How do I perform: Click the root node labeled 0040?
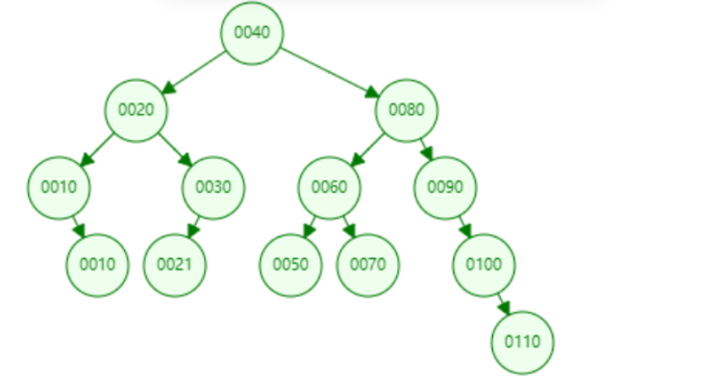click(252, 33)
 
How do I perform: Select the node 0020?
click(136, 110)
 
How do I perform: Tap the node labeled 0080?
click(407, 110)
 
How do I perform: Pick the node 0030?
click(213, 187)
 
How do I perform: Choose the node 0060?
click(329, 187)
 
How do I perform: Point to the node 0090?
click(445, 187)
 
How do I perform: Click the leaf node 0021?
click(174, 263)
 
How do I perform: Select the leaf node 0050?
click(290, 263)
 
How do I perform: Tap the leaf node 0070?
click(368, 263)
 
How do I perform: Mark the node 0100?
click(484, 263)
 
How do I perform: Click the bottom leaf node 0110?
click(523, 341)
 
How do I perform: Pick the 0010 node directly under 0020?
click(59, 187)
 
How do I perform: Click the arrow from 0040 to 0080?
click(329, 71)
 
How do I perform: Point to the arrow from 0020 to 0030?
click(175, 149)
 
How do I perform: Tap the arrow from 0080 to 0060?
click(368, 149)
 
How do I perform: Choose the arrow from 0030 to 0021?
click(194, 225)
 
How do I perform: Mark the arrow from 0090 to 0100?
click(465, 225)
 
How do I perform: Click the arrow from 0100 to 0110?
click(503, 302)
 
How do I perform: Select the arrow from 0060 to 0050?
click(310, 225)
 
